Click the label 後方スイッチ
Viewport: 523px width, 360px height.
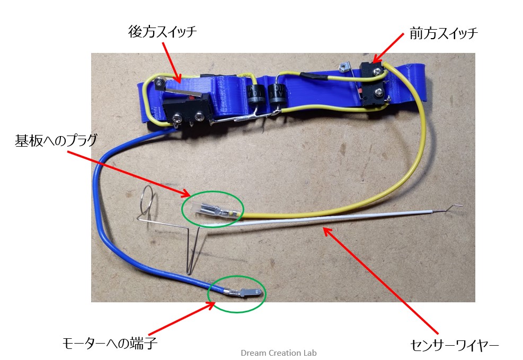[x=163, y=32]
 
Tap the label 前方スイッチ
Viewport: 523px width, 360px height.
[x=444, y=33]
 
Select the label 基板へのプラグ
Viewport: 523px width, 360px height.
[x=56, y=140]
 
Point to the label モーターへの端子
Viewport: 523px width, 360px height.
[x=110, y=343]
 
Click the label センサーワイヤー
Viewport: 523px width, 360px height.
[x=454, y=345]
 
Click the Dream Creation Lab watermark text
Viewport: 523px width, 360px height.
[x=279, y=353]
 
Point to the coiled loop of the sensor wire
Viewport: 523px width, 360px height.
[x=147, y=200]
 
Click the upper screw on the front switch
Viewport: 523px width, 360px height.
[x=377, y=70]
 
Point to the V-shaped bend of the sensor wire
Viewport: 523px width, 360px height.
[x=189, y=272]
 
